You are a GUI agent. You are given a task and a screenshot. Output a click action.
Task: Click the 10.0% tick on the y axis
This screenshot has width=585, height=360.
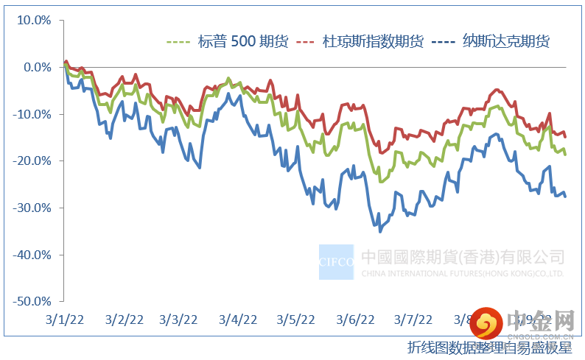33,20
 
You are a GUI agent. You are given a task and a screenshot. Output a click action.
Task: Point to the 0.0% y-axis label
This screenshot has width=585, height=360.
35,67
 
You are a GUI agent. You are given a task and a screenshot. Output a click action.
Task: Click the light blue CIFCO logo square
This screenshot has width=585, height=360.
336,261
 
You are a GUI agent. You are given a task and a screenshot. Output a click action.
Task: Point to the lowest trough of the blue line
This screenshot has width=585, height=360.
380,232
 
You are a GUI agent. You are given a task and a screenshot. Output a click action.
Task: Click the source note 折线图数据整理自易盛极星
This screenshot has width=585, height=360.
490,347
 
